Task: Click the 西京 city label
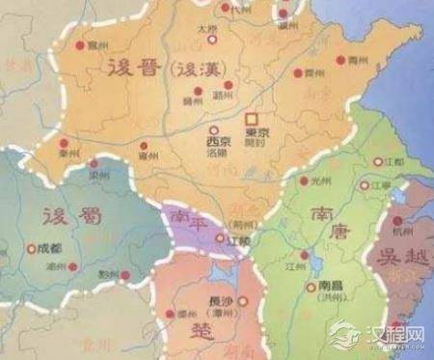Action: click(x=219, y=140)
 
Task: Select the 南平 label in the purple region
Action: click(x=188, y=219)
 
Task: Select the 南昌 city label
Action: click(x=331, y=287)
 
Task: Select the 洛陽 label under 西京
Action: click(x=219, y=152)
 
